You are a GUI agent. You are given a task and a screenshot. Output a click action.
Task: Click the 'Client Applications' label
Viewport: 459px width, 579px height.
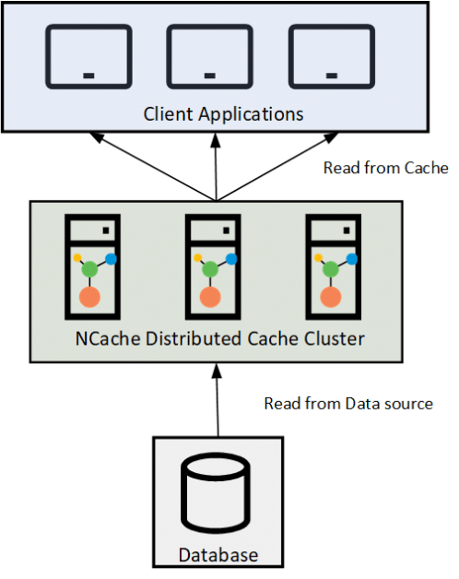223,115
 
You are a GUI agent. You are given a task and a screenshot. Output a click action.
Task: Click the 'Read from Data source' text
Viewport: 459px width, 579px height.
347,404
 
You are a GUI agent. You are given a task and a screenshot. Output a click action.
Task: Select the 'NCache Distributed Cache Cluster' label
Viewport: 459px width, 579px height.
219,338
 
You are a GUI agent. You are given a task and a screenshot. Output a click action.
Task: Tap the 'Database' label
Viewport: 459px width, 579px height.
218,555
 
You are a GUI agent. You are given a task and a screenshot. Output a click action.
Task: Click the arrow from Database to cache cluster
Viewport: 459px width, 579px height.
218,401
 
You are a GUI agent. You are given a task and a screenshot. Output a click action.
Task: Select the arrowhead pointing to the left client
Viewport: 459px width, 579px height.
96,137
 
